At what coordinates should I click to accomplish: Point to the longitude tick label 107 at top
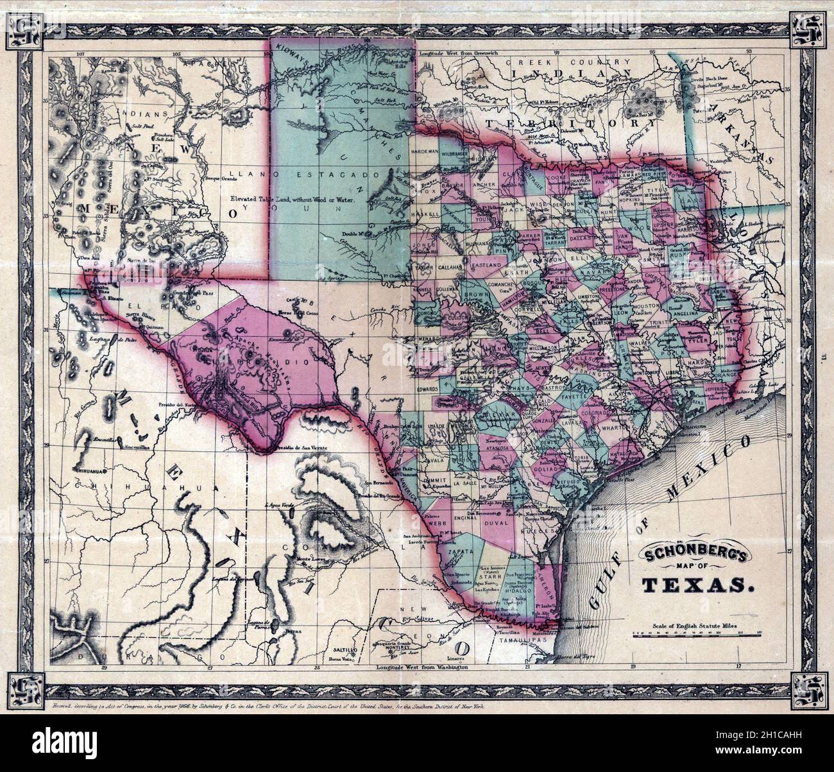click(80, 55)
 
